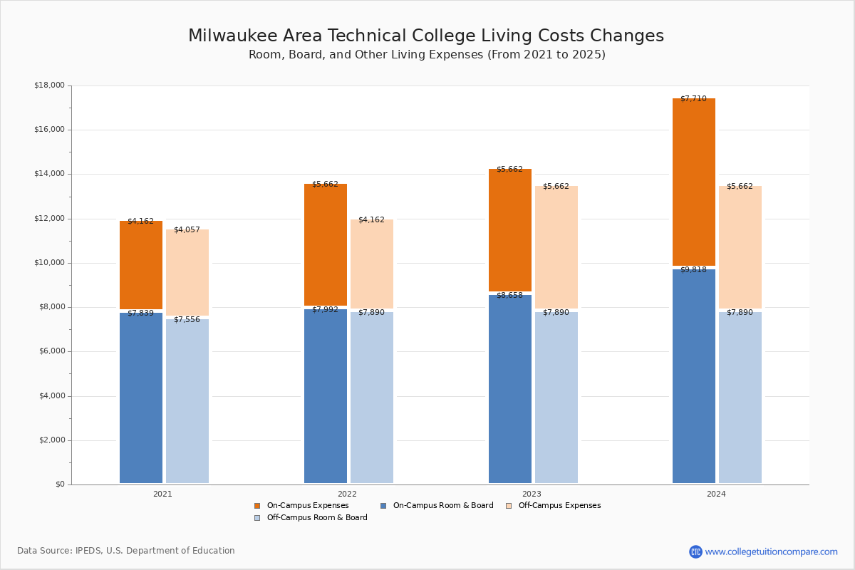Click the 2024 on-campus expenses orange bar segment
point(693,182)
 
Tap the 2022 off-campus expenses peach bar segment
point(371,264)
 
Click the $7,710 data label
point(693,99)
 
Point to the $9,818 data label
point(693,270)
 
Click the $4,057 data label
point(187,230)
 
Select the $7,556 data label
point(187,320)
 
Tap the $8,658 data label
point(509,296)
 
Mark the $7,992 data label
point(325,310)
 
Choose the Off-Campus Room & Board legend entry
point(316,518)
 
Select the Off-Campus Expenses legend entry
point(559,506)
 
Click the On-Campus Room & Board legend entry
point(442,506)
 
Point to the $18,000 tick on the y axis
point(49,85)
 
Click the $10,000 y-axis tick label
point(49,263)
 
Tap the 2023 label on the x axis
point(532,494)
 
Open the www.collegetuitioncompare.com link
point(771,551)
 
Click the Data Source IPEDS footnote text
point(126,551)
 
